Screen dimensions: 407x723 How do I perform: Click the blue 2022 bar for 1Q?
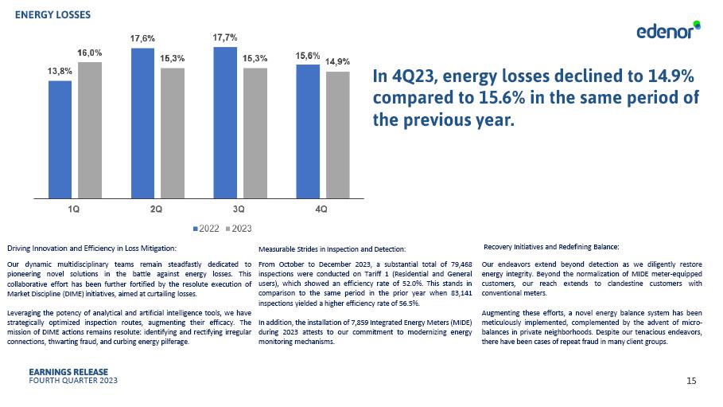(x=60, y=139)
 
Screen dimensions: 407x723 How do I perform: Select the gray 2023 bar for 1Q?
(x=89, y=129)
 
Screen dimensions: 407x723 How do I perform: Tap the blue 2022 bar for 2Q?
(x=142, y=123)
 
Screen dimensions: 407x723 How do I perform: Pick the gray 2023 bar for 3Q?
(x=255, y=132)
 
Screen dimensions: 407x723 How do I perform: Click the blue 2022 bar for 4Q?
(x=308, y=131)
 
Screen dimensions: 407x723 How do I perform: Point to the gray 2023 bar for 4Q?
(x=337, y=134)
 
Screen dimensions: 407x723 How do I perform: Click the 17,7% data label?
(x=225, y=37)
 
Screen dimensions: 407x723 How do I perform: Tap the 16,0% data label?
(x=89, y=53)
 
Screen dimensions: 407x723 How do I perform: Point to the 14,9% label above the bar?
(x=337, y=61)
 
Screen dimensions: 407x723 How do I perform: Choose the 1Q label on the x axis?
(x=74, y=209)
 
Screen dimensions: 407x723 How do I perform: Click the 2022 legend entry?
(x=207, y=229)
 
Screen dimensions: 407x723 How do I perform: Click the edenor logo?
(x=667, y=31)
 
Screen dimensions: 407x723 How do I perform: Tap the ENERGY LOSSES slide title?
(x=52, y=15)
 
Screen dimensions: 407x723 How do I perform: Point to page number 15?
(x=691, y=381)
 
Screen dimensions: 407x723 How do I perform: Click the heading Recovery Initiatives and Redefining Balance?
(x=551, y=246)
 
